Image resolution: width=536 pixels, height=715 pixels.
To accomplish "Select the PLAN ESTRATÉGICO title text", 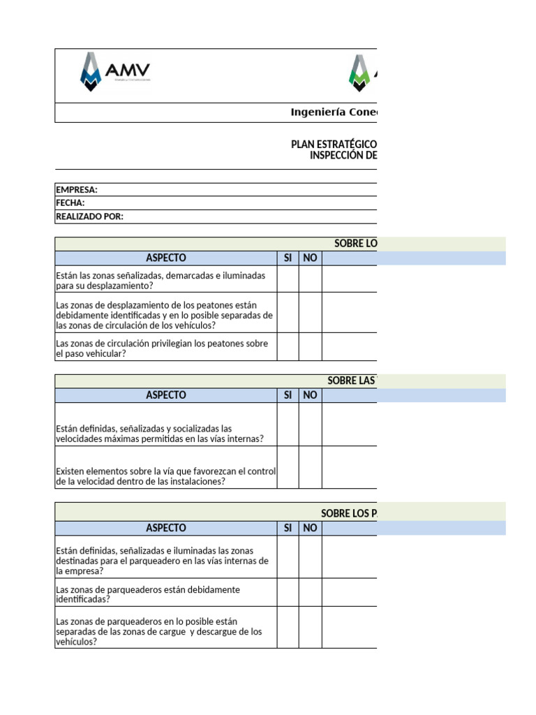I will pos(334,144).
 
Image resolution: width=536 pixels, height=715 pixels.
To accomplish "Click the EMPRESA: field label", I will pos(77,190).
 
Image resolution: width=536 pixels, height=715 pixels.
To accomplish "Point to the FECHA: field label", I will pos(70,203).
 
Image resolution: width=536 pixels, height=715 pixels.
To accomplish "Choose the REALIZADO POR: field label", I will pos(89,216).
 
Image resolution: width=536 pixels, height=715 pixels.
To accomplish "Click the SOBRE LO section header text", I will pos(355,244).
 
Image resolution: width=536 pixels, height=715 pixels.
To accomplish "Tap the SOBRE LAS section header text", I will pos(352,381).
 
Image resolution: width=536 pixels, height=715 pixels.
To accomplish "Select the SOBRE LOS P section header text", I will pos(348,513).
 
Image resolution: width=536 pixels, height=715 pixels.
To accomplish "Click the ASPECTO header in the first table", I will pos(166,258).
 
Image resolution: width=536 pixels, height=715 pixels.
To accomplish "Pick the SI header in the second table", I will pos(288,395).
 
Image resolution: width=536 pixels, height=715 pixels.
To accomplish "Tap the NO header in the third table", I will pos(311,528).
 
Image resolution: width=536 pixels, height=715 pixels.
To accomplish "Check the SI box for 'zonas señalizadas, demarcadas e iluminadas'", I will pos(288,279).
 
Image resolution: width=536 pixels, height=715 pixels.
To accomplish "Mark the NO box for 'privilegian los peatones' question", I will pos(311,347).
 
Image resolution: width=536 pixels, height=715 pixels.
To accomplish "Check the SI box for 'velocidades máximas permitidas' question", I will pos(288,425).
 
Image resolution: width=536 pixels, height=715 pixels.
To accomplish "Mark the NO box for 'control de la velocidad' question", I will pos(311,467).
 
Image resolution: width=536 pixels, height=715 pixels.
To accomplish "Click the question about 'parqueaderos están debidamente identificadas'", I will pos(148,594).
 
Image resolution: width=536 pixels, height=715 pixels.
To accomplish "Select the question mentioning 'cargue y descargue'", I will pos(159,631).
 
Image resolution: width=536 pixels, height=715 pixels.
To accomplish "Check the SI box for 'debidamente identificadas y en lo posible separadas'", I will pos(288,313).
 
